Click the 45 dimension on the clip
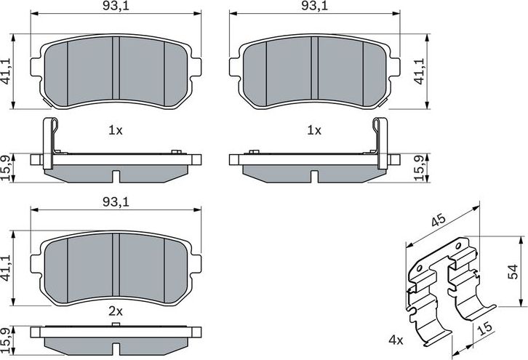tap(438, 221)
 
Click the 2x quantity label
tap(115, 311)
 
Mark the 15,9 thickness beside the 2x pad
tap(7, 339)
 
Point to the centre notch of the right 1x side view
tap(313, 176)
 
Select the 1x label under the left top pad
tap(115, 131)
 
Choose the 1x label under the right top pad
tap(313, 131)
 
